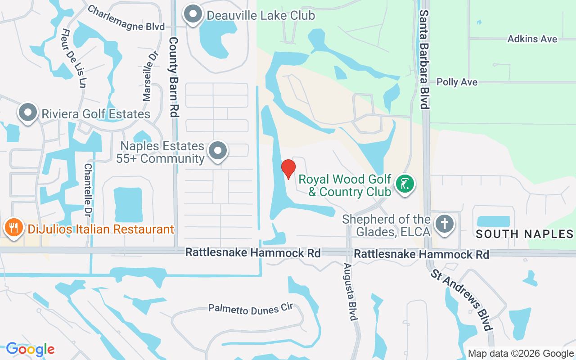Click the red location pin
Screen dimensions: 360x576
(x=288, y=169)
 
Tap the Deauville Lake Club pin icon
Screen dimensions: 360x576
(x=193, y=14)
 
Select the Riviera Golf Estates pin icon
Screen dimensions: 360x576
(x=27, y=112)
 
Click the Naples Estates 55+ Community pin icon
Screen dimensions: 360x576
(x=218, y=150)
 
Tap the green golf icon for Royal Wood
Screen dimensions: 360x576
(x=405, y=184)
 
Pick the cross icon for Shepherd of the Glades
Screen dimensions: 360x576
(x=445, y=224)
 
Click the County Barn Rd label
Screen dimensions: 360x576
(x=174, y=77)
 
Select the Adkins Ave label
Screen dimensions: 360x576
(x=532, y=39)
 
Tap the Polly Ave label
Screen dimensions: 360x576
(x=457, y=82)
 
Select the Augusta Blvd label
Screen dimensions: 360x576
(x=350, y=292)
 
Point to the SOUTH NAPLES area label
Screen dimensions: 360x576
(x=524, y=234)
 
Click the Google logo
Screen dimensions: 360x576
(x=30, y=349)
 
